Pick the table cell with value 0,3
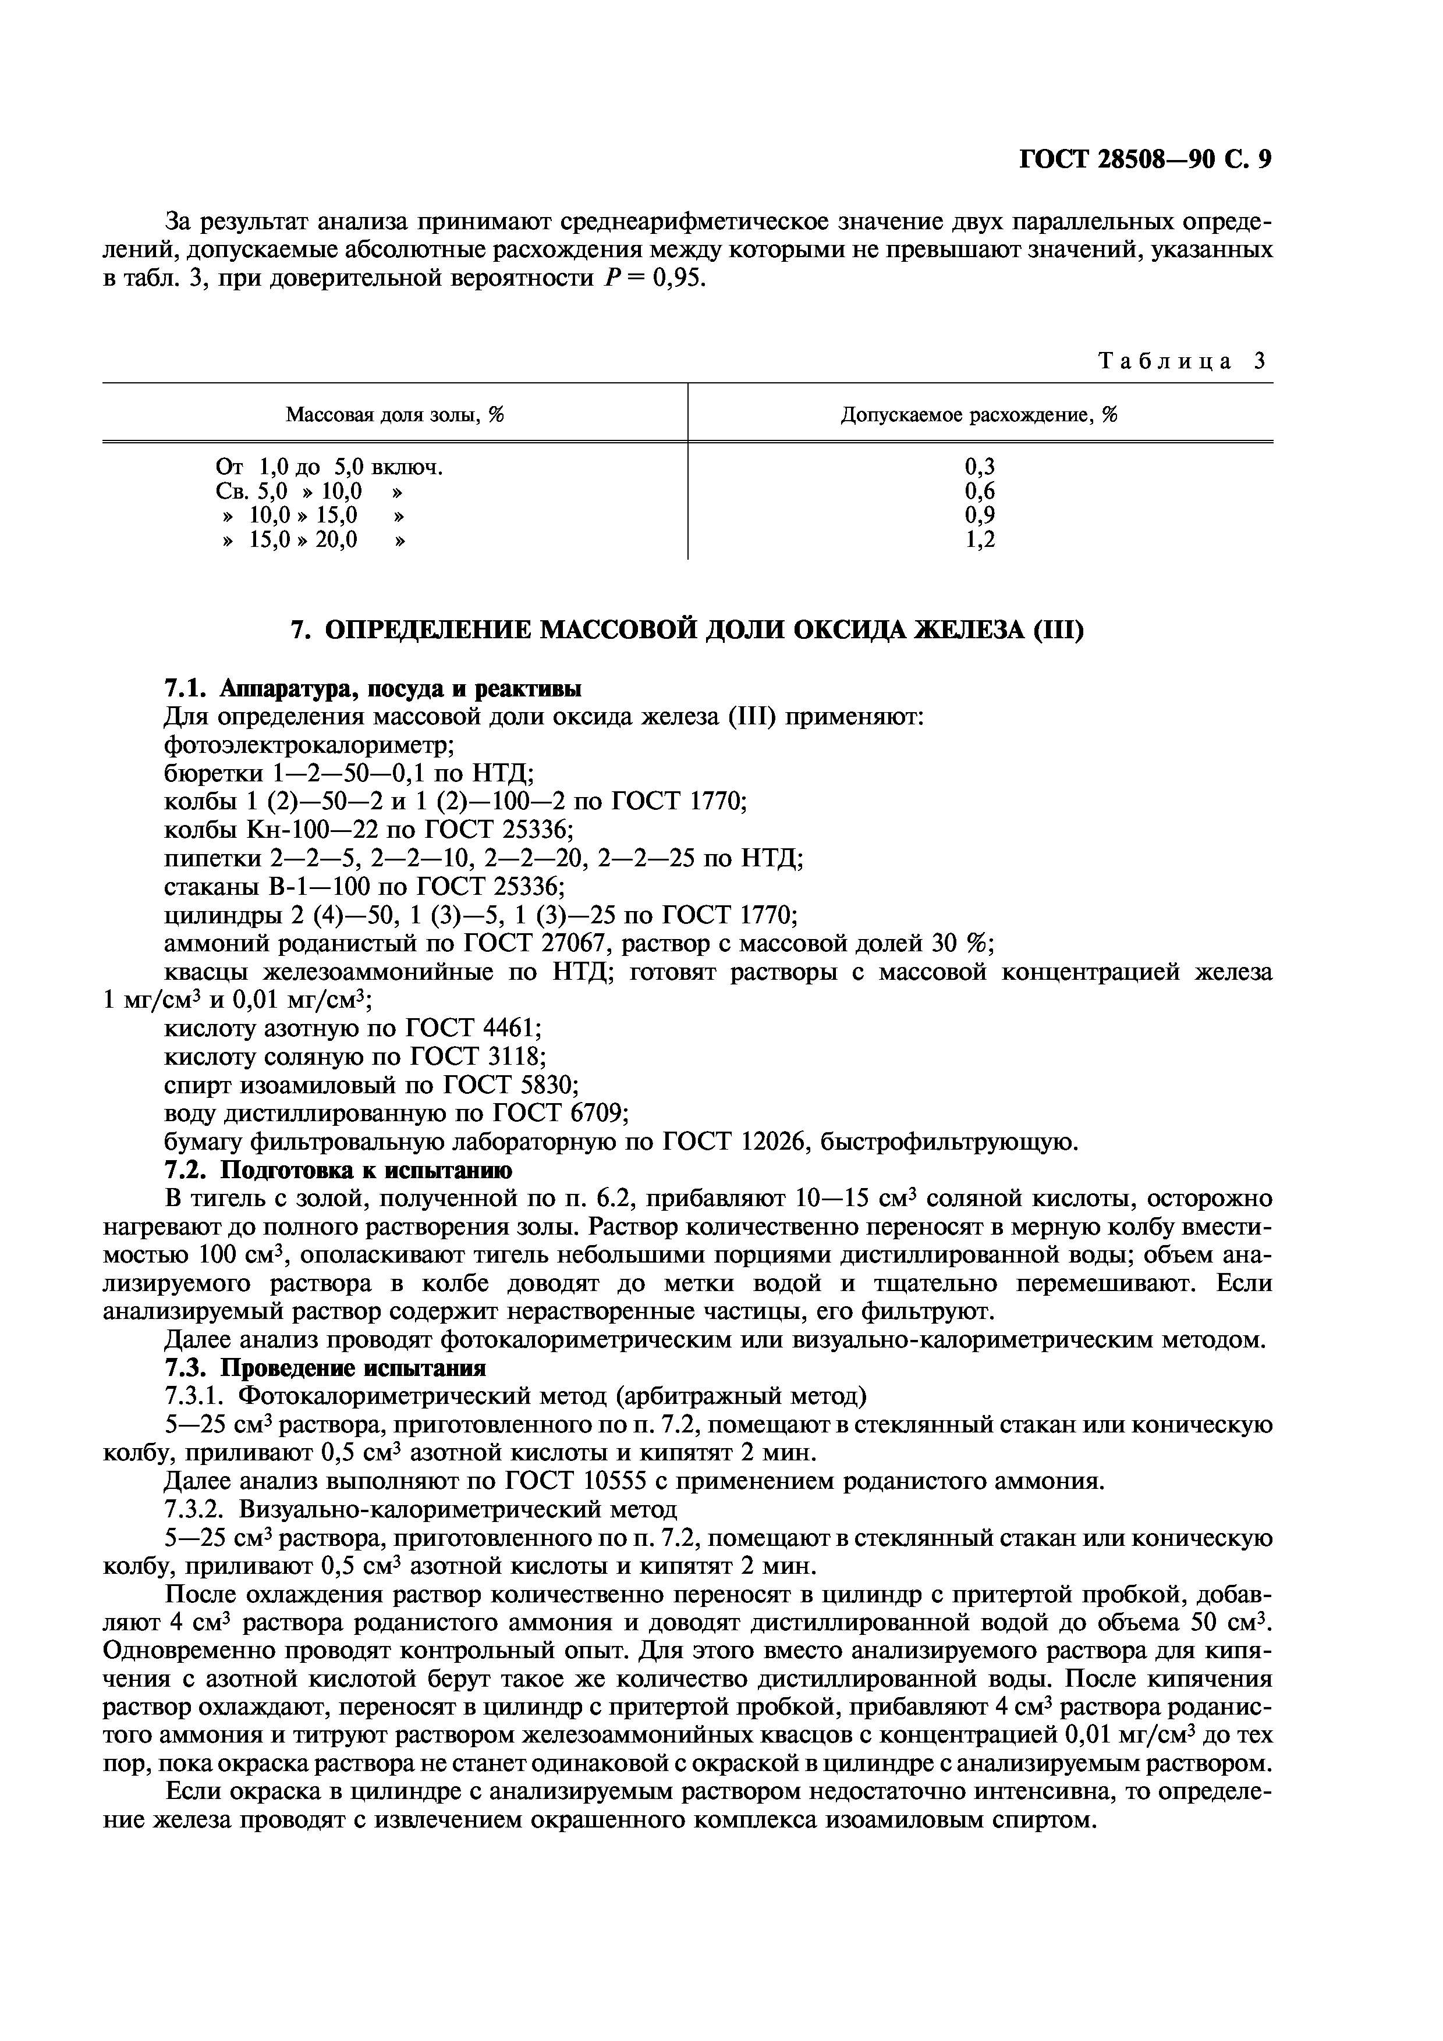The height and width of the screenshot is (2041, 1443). point(980,467)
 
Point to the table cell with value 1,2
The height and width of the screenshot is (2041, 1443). point(980,539)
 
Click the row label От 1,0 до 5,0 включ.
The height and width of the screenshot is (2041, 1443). point(329,467)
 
